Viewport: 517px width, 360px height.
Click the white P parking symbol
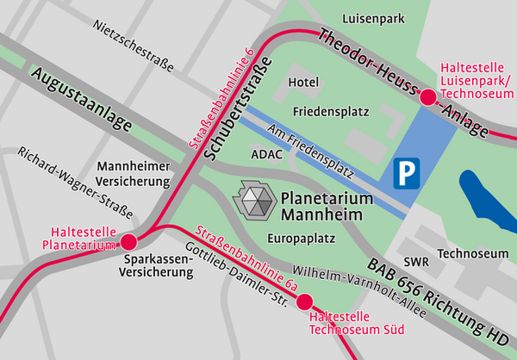[405, 175]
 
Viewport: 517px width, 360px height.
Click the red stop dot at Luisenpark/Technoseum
[427, 97]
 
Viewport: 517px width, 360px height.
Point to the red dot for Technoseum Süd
[304, 301]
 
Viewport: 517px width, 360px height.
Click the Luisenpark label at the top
[373, 17]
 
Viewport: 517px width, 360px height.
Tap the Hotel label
[304, 82]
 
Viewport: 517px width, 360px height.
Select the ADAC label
[265, 154]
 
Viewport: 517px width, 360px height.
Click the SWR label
[415, 260]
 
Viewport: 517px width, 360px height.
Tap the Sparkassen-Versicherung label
[157, 265]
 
